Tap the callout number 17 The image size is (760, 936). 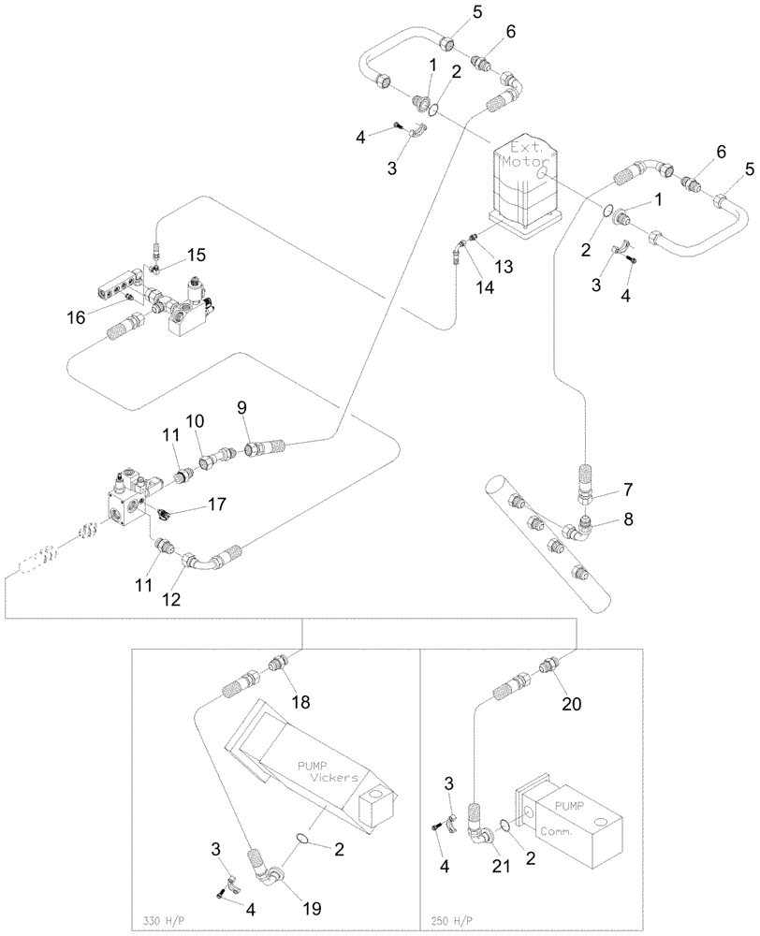click(217, 504)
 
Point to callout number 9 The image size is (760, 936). click(241, 407)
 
